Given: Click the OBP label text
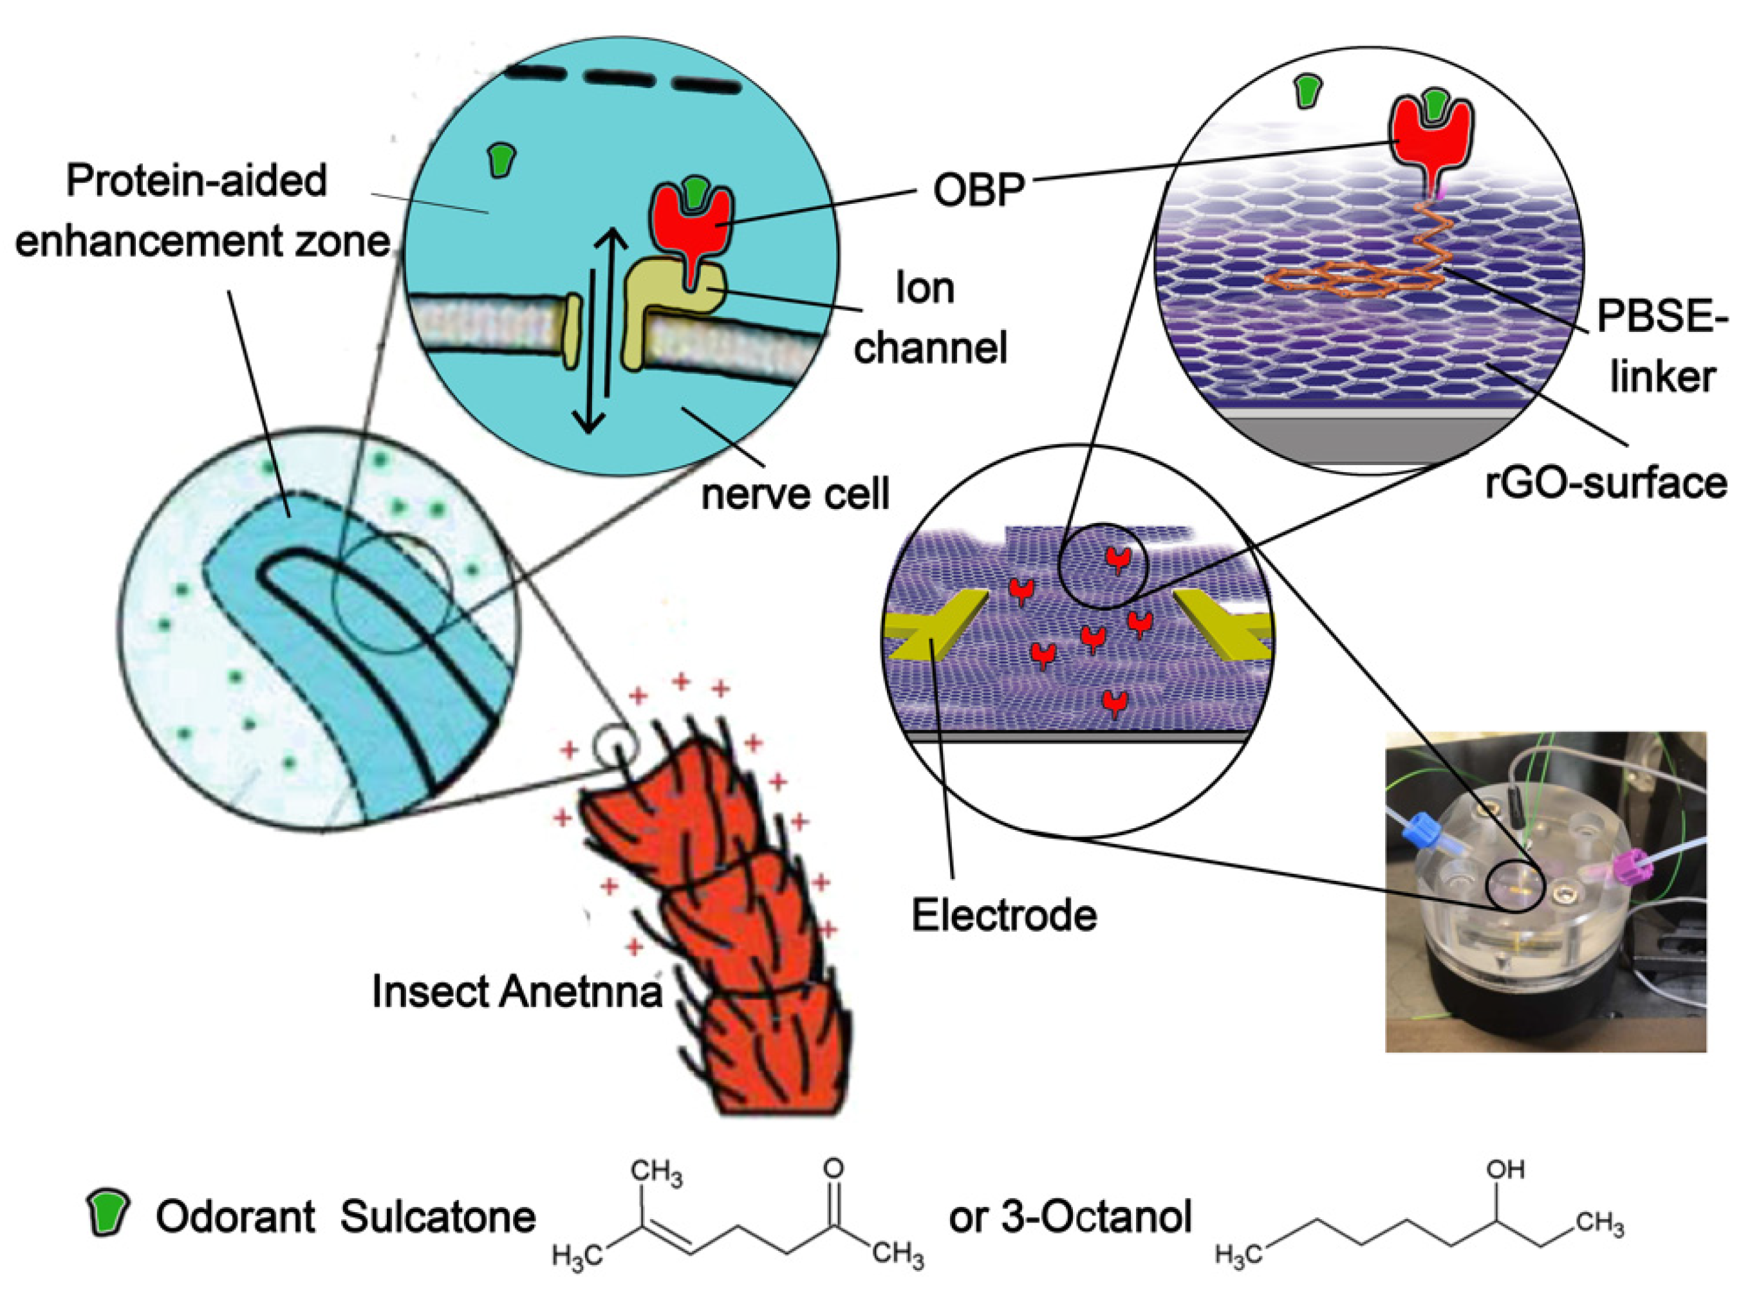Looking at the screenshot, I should click(x=979, y=189).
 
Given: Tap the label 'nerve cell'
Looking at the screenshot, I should click(x=795, y=494).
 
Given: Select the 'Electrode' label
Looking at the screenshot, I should click(x=1004, y=916).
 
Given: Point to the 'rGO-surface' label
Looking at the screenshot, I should click(x=1606, y=483).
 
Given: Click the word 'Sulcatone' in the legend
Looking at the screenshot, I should click(x=438, y=1216).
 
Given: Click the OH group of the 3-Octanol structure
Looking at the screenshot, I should click(x=1505, y=1170).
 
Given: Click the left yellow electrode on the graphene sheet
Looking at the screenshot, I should click(x=938, y=629).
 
